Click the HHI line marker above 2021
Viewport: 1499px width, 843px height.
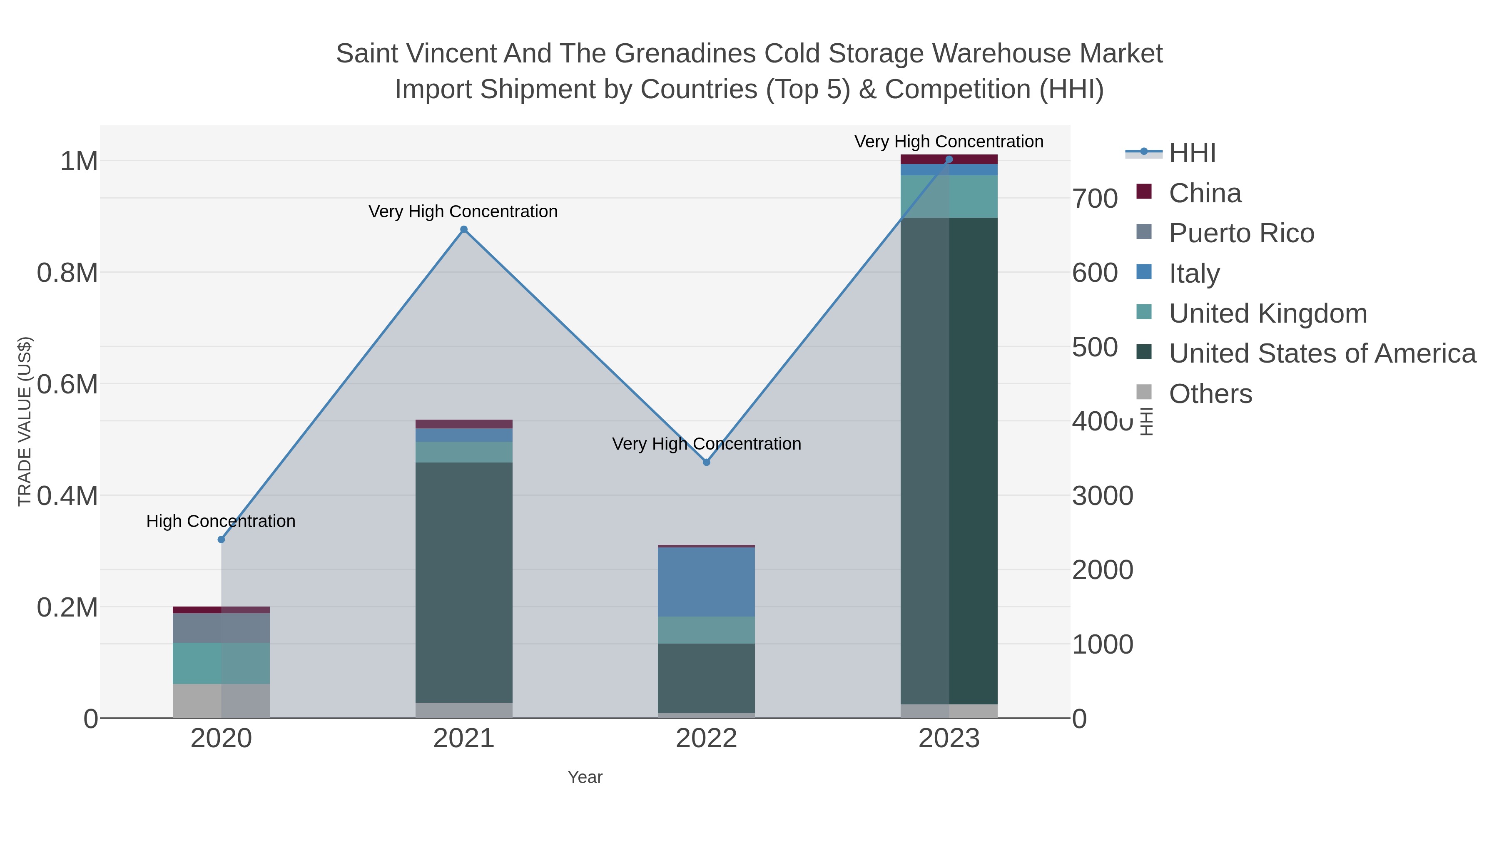point(464,229)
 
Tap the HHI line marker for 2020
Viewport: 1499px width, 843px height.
point(221,539)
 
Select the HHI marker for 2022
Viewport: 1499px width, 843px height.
point(707,462)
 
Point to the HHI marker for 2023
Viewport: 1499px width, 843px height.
point(949,159)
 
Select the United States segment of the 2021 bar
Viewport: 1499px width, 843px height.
point(464,582)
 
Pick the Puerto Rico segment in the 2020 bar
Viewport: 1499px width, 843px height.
point(221,628)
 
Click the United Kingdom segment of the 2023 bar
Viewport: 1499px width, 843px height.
point(949,196)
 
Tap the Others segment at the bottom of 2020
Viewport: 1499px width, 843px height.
point(221,701)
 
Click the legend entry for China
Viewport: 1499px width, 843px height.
point(1205,193)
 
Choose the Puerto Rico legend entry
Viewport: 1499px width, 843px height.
point(1241,233)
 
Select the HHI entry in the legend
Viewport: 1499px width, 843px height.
point(1192,153)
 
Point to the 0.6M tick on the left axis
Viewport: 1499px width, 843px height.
point(67,384)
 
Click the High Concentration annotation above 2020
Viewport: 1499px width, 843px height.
point(221,521)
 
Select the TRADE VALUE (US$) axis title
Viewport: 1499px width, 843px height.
point(25,421)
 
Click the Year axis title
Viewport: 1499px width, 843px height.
point(585,777)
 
